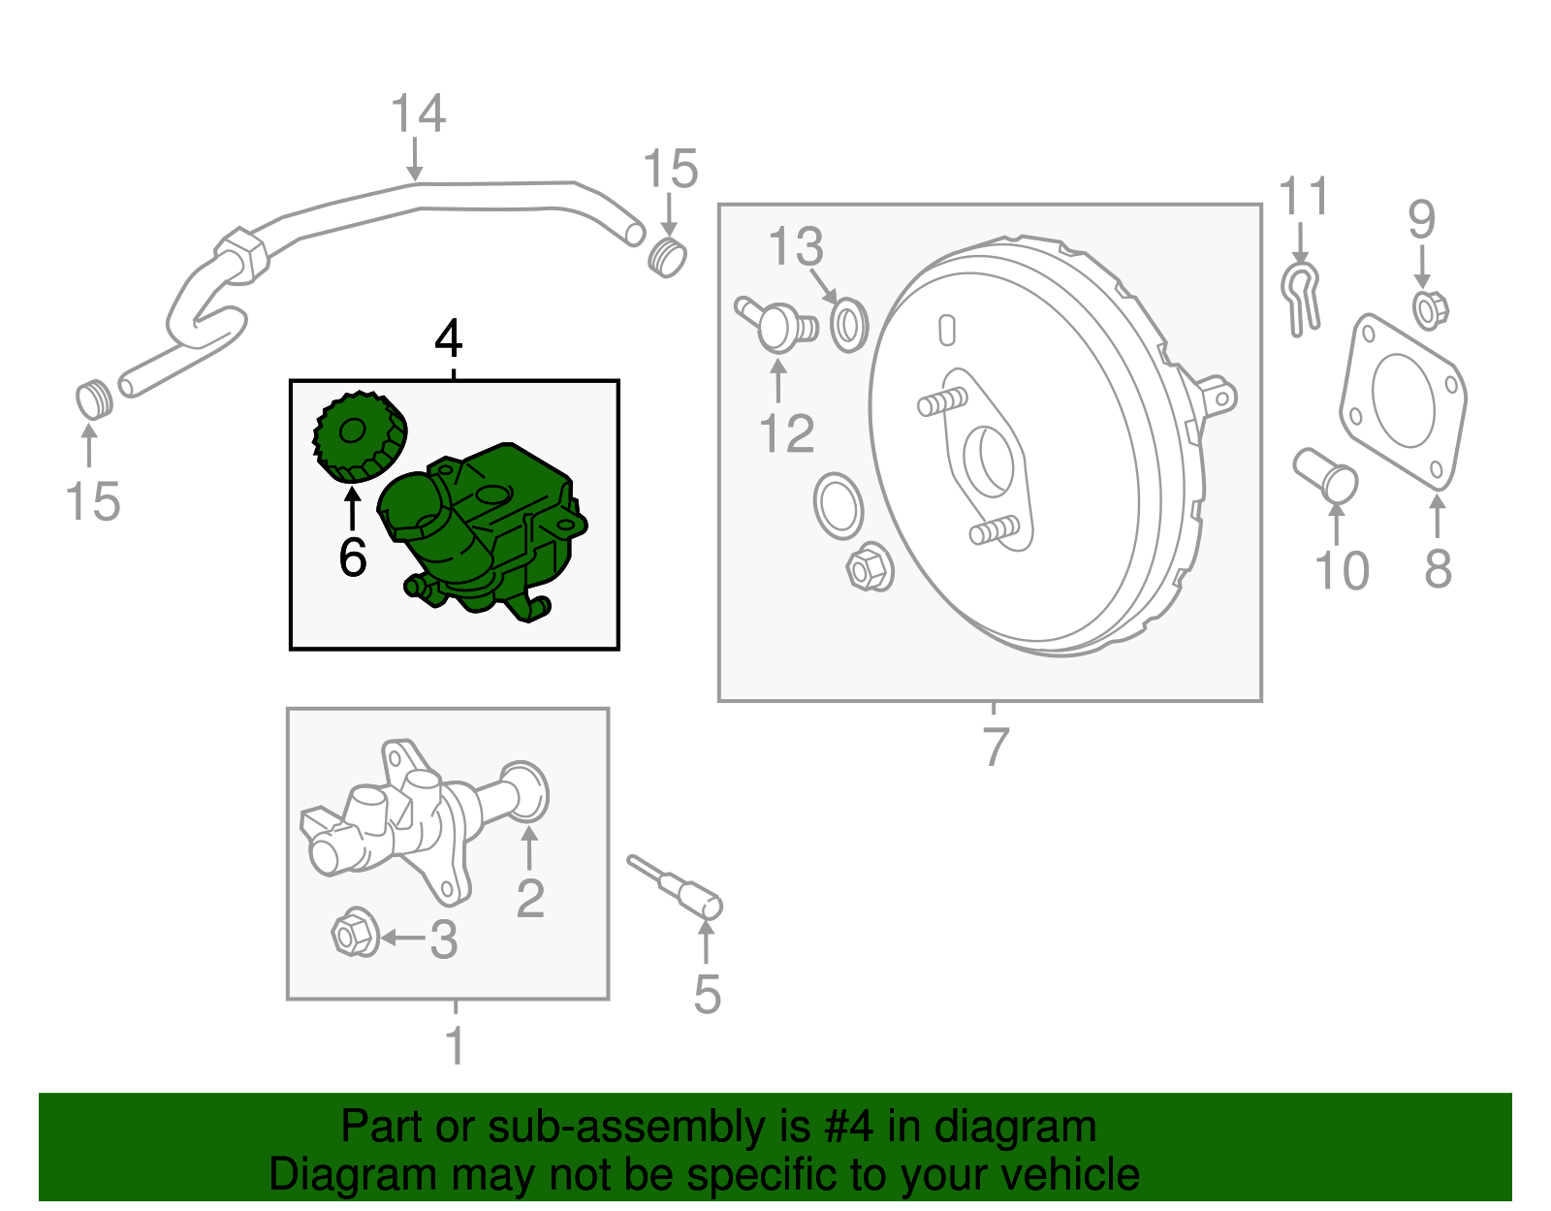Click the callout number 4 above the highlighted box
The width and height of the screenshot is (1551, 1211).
[x=448, y=339]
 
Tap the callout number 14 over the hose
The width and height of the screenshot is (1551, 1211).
[x=418, y=114]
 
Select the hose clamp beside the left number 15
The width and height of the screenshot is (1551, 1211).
[x=94, y=399]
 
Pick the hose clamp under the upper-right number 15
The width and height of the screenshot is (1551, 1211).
[x=667, y=256]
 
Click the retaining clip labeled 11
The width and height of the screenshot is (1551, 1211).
[x=1300, y=296]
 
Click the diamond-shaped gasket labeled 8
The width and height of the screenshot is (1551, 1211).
[x=1403, y=399]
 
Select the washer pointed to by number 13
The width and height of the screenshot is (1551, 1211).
[x=849, y=325]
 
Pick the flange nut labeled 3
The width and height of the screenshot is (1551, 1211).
[x=355, y=934]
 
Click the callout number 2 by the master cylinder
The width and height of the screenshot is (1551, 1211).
[x=530, y=899]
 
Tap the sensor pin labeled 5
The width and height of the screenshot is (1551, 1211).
[x=679, y=886]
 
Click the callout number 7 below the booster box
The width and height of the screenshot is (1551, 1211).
[x=996, y=747]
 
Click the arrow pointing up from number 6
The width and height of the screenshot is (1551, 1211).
[x=352, y=508]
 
